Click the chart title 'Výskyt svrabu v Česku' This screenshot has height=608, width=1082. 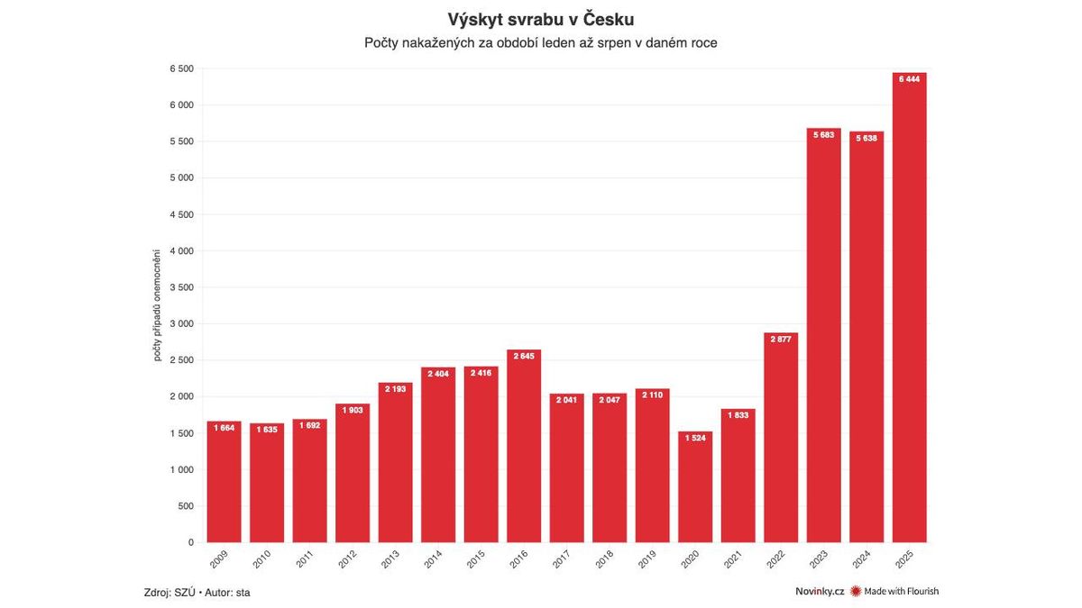[x=541, y=19]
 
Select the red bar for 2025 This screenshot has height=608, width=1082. [x=910, y=307]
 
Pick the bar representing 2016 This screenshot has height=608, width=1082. [x=524, y=446]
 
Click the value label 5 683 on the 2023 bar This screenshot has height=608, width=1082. [x=824, y=135]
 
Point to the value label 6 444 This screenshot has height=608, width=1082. [x=910, y=79]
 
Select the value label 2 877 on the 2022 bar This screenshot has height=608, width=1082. [x=781, y=339]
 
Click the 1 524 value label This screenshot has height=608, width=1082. [x=695, y=438]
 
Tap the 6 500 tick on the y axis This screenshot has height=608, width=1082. [x=181, y=69]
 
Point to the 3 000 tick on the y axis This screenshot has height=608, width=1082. [x=181, y=324]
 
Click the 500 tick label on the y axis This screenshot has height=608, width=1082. [x=186, y=506]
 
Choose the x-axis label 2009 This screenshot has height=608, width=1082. [x=219, y=558]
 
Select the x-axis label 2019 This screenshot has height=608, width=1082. [x=647, y=558]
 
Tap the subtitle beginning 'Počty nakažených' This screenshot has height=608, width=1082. [x=541, y=42]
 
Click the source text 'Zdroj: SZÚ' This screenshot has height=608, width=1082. [x=170, y=592]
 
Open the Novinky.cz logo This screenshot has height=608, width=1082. [x=820, y=592]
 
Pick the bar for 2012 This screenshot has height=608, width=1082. [x=353, y=473]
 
